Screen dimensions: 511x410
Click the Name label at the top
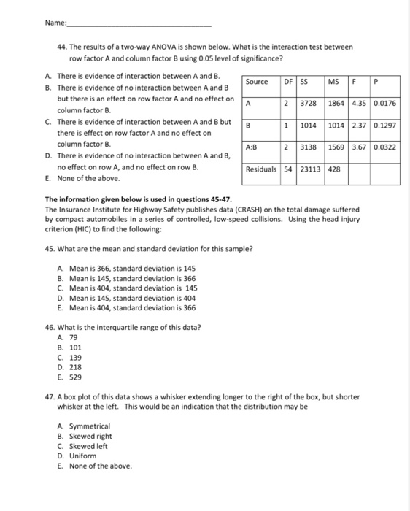click(x=55, y=23)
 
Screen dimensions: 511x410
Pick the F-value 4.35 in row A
click(x=359, y=103)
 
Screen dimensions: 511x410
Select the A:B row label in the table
click(x=252, y=147)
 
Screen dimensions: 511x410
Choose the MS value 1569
click(x=336, y=147)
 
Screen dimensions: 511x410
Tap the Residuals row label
click(x=261, y=169)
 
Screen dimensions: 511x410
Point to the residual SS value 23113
click(x=310, y=169)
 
